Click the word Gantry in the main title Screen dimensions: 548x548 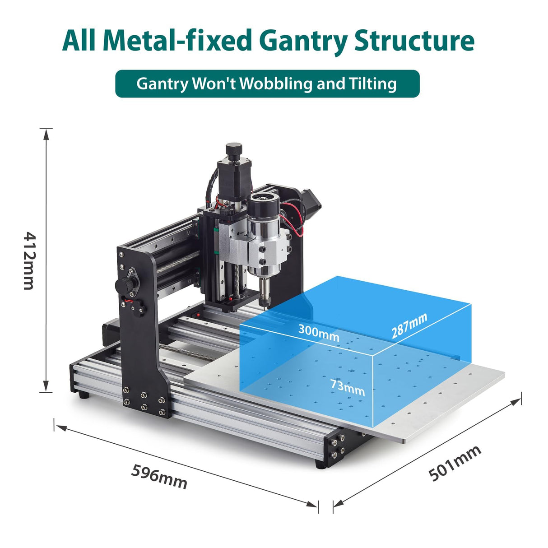[x=304, y=41]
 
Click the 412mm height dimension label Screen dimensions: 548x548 [x=29, y=261]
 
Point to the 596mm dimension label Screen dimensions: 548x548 [x=159, y=476]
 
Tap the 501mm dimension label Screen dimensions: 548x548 [x=455, y=463]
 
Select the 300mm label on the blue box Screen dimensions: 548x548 [x=318, y=333]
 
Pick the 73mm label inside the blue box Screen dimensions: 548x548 [x=347, y=387]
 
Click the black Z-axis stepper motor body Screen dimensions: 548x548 [x=230, y=181]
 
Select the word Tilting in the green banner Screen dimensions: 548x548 [x=372, y=84]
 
